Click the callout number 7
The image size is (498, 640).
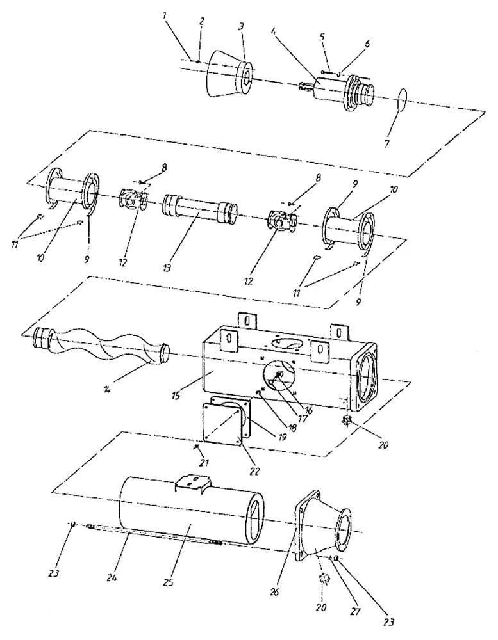coord(386,143)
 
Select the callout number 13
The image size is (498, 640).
coord(167,268)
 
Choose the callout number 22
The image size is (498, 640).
coord(254,471)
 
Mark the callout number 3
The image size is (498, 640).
coord(241,26)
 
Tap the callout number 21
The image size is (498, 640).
coord(204,463)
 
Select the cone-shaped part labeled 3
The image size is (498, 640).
coord(230,74)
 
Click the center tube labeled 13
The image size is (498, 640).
coord(199,208)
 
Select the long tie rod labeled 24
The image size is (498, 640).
coord(154,534)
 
